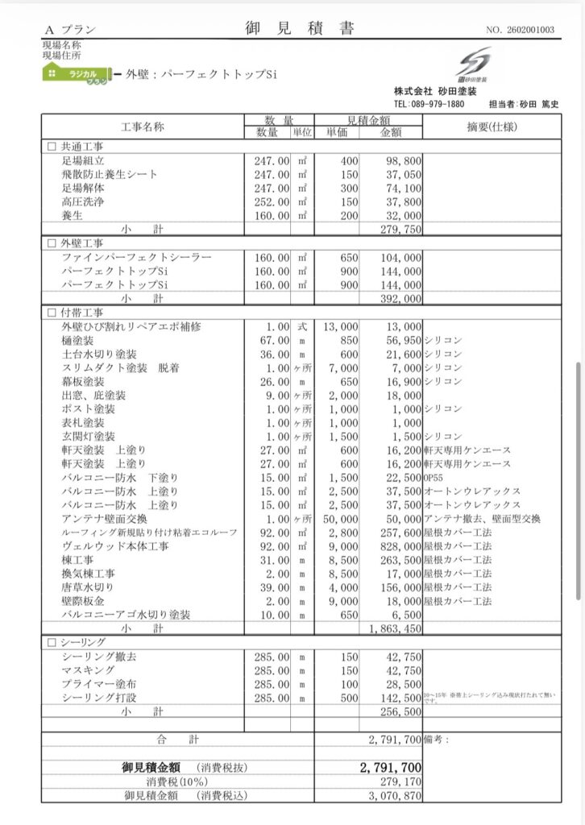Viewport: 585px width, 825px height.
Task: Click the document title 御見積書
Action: click(299, 29)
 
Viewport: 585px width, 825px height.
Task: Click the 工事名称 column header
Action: click(142, 127)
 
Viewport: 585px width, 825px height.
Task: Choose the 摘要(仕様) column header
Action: click(491, 127)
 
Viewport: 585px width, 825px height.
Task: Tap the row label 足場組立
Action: click(82, 161)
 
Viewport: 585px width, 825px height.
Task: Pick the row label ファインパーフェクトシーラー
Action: click(136, 257)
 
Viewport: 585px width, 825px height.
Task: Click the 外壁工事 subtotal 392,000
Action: click(400, 298)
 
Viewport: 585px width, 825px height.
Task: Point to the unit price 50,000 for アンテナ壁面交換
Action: click(339, 519)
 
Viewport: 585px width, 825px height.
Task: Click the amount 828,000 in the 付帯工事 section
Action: click(400, 546)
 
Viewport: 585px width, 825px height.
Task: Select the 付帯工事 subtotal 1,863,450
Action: click(395, 628)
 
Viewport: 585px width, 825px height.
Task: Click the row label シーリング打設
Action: click(99, 698)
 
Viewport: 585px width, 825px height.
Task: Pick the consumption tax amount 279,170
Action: click(400, 781)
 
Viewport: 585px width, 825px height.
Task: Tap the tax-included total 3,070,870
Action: click(395, 795)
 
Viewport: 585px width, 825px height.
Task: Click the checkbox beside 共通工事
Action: click(52, 147)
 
